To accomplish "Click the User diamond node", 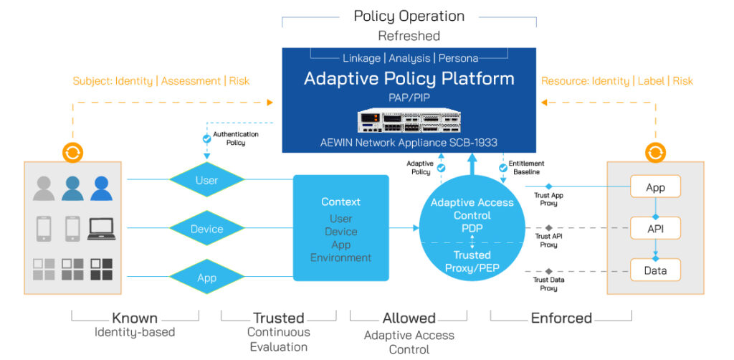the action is tap(206, 180).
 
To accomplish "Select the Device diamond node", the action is tap(206, 229).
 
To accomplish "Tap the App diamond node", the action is tap(206, 277).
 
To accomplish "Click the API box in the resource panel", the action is tap(655, 229).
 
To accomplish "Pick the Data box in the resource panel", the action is tap(655, 270).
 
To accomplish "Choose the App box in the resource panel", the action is tap(655, 187).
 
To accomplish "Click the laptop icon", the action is tap(101, 229).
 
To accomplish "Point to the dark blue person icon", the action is tap(101, 188).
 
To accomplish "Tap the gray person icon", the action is tap(44, 188).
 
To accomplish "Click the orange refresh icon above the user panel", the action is tap(72, 152).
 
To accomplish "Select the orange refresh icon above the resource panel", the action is tap(655, 152).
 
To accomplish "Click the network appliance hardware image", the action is tap(409, 120).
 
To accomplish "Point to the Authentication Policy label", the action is tap(235, 138).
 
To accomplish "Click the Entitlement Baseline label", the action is tap(526, 168).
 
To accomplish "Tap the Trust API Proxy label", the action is tap(548, 240).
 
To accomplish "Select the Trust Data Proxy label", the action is tap(548, 284).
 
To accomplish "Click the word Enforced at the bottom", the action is tap(561, 318).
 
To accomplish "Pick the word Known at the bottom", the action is tap(135, 318).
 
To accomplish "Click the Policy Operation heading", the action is tap(409, 16).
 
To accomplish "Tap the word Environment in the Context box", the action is tap(340, 258).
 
